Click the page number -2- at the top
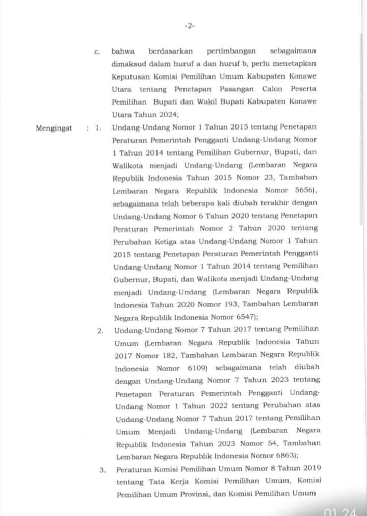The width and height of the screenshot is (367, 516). tap(189, 26)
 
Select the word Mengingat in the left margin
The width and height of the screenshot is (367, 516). tap(54, 128)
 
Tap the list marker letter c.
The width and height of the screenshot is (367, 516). tap(98, 51)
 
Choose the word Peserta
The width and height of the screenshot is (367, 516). tap(302, 89)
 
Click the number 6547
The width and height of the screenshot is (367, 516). tap(245, 316)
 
